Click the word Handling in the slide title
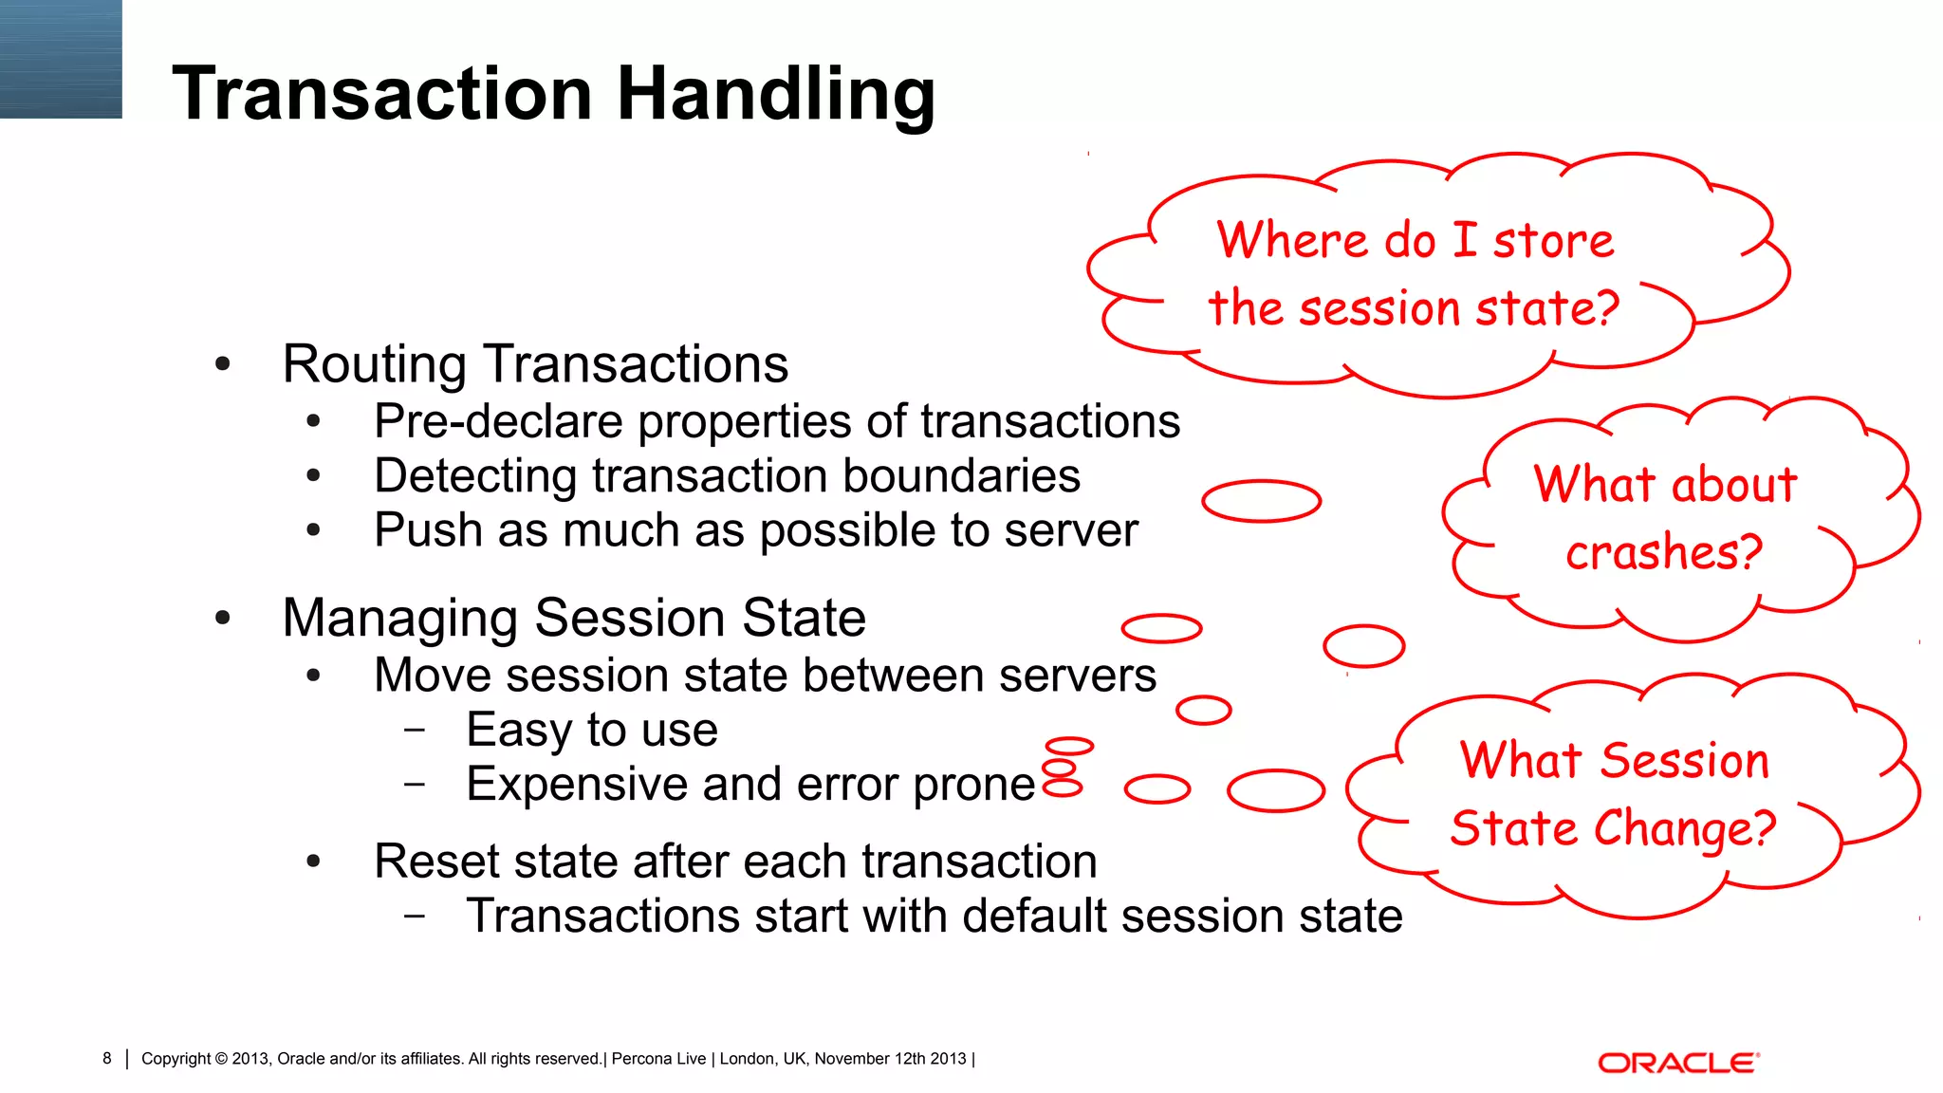pos(776,95)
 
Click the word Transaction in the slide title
pos(382,95)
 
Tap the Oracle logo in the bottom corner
pos(1678,1063)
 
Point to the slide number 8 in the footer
pos(107,1058)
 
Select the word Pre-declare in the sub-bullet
pos(500,421)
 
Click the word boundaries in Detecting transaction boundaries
pos(961,476)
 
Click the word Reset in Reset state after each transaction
pos(428,861)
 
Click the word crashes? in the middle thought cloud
pos(1663,552)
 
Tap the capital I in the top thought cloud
pos(1465,239)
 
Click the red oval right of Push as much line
pos(1261,501)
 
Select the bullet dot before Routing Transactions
pos(223,364)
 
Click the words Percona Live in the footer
pos(658,1059)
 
